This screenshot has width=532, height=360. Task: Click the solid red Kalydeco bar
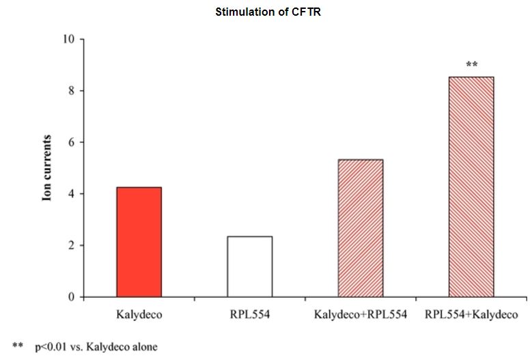pos(139,242)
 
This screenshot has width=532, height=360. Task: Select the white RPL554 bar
pos(249,266)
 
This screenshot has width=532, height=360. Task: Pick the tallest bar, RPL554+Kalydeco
pos(471,186)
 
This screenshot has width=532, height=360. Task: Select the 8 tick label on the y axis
pos(71,91)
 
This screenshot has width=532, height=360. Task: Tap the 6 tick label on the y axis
pos(71,142)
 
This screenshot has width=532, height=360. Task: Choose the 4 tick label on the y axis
pos(71,194)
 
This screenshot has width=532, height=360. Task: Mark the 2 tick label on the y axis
pos(71,246)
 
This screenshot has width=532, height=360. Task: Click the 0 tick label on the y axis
pos(71,297)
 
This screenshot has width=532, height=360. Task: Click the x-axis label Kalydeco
pos(139,315)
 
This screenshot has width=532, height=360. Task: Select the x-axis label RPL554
pos(249,315)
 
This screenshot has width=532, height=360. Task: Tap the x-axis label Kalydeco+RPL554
pos(360,315)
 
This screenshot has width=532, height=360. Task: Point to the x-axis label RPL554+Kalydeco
pos(471,315)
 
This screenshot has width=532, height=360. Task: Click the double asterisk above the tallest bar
pos(471,65)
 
